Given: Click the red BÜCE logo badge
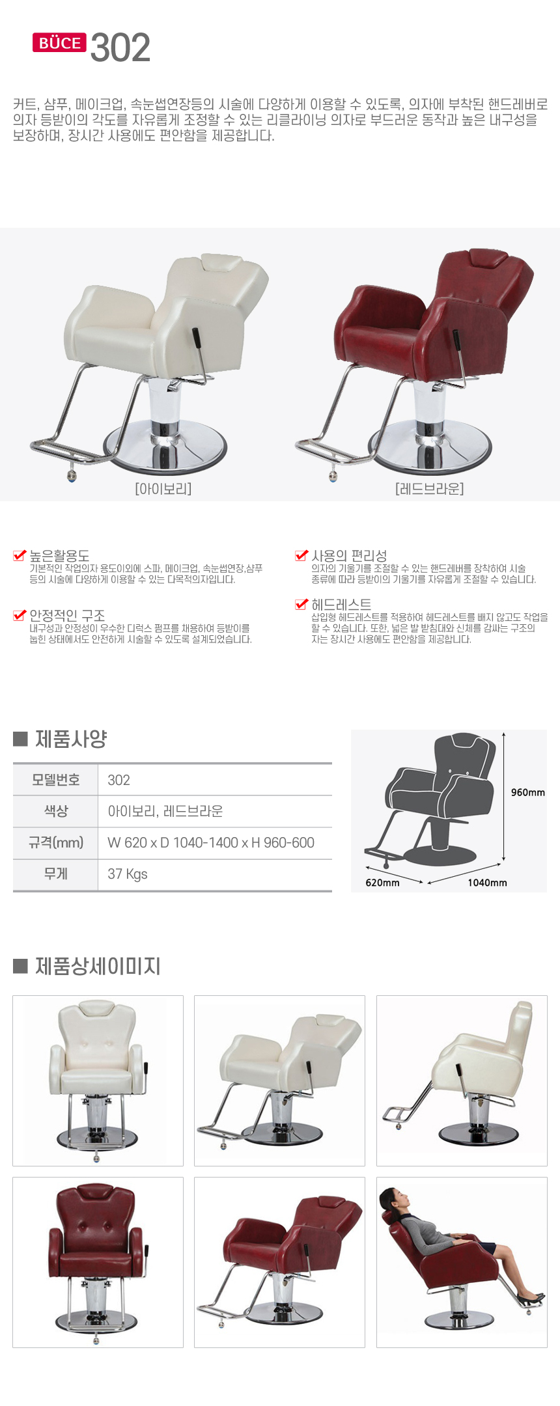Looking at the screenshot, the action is tap(59, 43).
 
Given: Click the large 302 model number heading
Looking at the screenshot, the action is tap(120, 48).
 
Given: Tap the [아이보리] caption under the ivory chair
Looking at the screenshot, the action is tap(163, 488).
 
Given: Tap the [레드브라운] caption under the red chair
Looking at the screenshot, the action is tap(429, 488).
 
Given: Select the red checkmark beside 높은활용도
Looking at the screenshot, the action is tap(20, 555).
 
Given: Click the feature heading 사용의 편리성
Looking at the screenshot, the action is tap(349, 555).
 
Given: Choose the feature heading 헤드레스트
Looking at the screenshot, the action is tap(341, 604).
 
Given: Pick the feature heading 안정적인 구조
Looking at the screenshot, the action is tap(67, 615).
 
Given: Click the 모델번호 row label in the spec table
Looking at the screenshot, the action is tap(55, 780).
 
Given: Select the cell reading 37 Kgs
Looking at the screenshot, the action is tap(128, 874).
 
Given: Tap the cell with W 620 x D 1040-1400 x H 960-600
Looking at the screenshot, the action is tap(211, 843).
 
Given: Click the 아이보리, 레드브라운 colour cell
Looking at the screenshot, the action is tap(165, 811).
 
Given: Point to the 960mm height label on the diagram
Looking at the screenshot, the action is tap(527, 792).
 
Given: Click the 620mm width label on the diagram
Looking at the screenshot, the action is tap(382, 883).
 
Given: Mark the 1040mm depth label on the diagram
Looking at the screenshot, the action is tap(487, 883).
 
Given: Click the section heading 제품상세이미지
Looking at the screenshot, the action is tap(98, 966).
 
